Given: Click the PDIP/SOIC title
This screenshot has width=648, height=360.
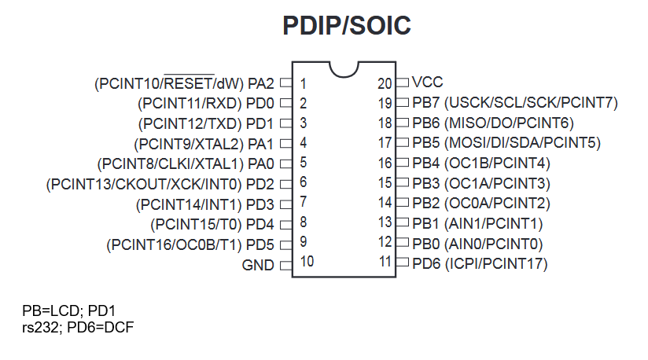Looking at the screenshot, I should point(347,27).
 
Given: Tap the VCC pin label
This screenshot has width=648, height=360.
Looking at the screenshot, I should point(428,82).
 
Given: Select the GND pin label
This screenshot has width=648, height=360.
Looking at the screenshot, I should point(258,265).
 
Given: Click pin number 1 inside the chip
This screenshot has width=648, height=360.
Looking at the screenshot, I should point(303,83).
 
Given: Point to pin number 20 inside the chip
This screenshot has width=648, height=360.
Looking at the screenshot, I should point(385,83).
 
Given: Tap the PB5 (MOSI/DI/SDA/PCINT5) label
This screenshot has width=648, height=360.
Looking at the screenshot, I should point(506,143).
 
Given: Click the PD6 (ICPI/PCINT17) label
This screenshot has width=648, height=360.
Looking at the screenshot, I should point(480,263).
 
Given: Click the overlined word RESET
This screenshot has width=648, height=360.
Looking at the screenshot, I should point(190,83).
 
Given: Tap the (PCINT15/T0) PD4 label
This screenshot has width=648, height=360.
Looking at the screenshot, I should point(212,224).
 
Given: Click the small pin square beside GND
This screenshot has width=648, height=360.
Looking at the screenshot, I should point(285,265).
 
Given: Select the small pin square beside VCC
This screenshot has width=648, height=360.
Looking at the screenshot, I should point(403,82).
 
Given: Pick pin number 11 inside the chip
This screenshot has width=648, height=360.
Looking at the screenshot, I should point(385,263).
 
